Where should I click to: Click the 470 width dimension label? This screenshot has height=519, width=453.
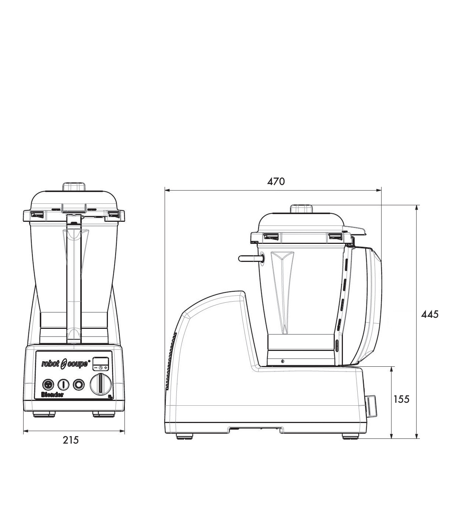[276, 181]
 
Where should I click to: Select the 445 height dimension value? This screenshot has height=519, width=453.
[430, 314]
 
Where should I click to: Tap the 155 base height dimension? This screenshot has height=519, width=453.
[401, 399]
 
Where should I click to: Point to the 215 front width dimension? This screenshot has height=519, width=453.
[70, 440]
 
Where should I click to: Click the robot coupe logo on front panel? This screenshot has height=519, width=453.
[65, 364]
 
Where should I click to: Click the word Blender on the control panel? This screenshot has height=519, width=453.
[52, 395]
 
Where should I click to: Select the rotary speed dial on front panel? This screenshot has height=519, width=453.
[101, 384]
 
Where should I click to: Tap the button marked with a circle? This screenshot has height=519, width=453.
[78, 384]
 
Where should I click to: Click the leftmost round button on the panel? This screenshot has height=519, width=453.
[48, 384]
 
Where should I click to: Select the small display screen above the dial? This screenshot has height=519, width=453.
[100, 361]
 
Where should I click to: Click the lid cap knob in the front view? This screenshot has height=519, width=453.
[74, 186]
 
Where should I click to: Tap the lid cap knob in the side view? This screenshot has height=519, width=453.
[301, 209]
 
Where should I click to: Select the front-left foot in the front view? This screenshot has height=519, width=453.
[44, 414]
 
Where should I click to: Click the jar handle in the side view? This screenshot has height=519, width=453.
[372, 305]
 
